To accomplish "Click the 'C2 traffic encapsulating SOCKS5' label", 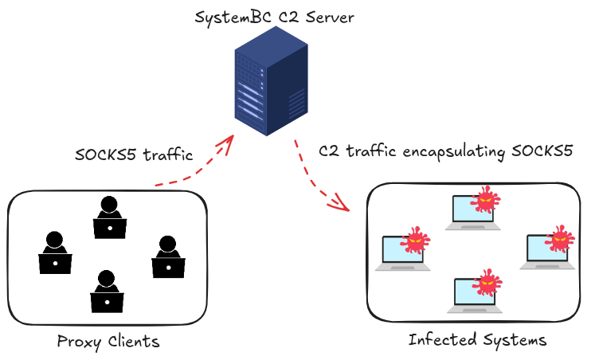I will coord(445,150).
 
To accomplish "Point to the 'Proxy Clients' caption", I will coord(108,342).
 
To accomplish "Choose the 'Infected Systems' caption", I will coord(477,340).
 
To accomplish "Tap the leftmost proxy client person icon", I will coord(55,254).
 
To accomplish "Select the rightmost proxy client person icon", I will coord(168,257).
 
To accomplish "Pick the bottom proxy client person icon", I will coord(107,292).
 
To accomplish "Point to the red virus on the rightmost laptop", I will coord(560,237).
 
